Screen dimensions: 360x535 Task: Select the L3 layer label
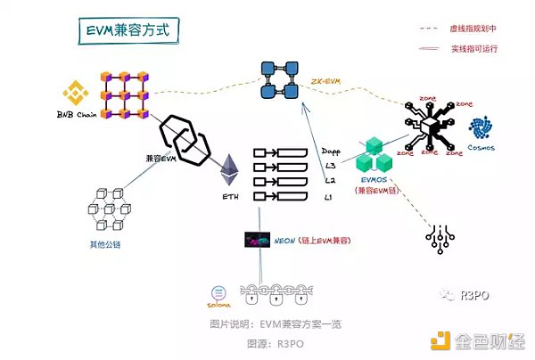pyautogui.click(x=329, y=167)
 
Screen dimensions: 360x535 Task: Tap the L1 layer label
pyautogui.click(x=328, y=195)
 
